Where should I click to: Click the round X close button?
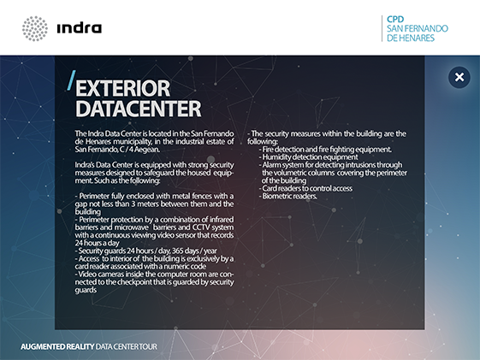click(x=459, y=77)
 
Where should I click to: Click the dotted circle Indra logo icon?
click(x=35, y=28)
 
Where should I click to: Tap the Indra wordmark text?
click(x=80, y=28)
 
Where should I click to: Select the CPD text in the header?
click(x=395, y=20)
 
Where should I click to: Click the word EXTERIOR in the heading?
click(x=122, y=88)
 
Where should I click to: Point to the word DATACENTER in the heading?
click(x=139, y=109)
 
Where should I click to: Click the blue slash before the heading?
click(x=71, y=80)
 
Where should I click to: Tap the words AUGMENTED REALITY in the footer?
click(x=57, y=346)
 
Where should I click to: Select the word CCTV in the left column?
click(x=201, y=227)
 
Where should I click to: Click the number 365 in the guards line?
click(x=178, y=251)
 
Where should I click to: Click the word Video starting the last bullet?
click(x=86, y=274)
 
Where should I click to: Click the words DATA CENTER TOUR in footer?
click(x=127, y=346)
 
